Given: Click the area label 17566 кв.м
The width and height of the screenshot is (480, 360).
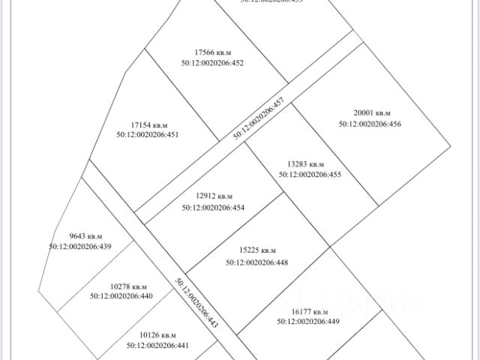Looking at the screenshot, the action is (212, 52).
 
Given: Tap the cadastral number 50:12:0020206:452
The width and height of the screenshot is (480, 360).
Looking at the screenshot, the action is (212, 63).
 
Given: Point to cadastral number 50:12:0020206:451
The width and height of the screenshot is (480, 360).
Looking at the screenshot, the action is (147, 135).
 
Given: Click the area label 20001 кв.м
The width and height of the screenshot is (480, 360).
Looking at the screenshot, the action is (373, 113).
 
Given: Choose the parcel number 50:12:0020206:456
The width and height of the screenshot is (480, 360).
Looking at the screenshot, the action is (370, 124).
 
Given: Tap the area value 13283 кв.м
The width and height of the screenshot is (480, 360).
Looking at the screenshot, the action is (306, 163).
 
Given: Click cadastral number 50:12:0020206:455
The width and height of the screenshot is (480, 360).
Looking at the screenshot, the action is (310, 174).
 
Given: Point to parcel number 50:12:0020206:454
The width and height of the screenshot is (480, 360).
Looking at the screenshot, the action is (213, 208).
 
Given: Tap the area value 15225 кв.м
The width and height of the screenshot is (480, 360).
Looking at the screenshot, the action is (257, 250).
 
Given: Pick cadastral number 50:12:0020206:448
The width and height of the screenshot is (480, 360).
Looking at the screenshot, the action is (256, 262).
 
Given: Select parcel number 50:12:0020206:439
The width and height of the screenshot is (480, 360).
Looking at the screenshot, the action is (80, 246).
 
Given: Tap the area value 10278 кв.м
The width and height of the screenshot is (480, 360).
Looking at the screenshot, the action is (128, 286).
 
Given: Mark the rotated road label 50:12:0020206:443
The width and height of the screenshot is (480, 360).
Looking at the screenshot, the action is (196, 303).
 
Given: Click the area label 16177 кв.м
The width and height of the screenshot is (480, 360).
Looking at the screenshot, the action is (310, 310).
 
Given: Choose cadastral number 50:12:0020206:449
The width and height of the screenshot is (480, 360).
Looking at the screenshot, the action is (308, 321).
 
